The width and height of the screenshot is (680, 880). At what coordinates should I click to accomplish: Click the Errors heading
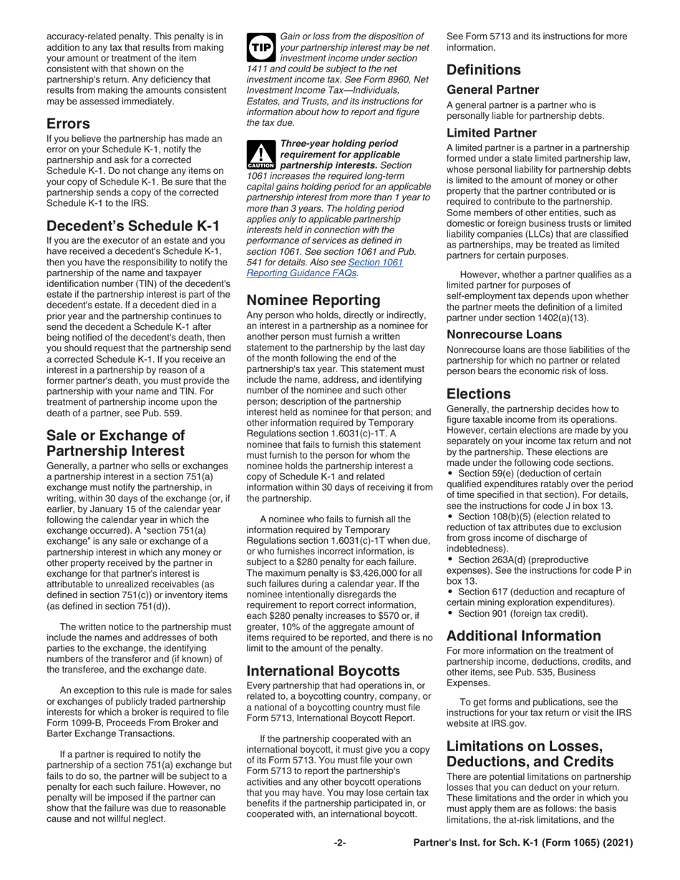tap(68, 123)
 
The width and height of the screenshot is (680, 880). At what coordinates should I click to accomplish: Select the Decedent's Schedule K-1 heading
tap(133, 226)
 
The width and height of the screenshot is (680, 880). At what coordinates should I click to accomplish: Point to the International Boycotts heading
tap(323, 671)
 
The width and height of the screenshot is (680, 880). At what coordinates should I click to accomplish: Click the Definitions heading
tap(484, 70)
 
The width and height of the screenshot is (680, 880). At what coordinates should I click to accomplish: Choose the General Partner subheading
tap(492, 90)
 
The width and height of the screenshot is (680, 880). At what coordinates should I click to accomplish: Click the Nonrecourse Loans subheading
tap(504, 334)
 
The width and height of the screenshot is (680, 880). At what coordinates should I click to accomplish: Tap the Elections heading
tap(478, 394)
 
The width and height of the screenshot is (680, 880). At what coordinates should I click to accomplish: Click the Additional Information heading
tap(524, 636)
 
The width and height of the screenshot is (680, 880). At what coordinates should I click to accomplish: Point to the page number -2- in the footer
tap(340, 844)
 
